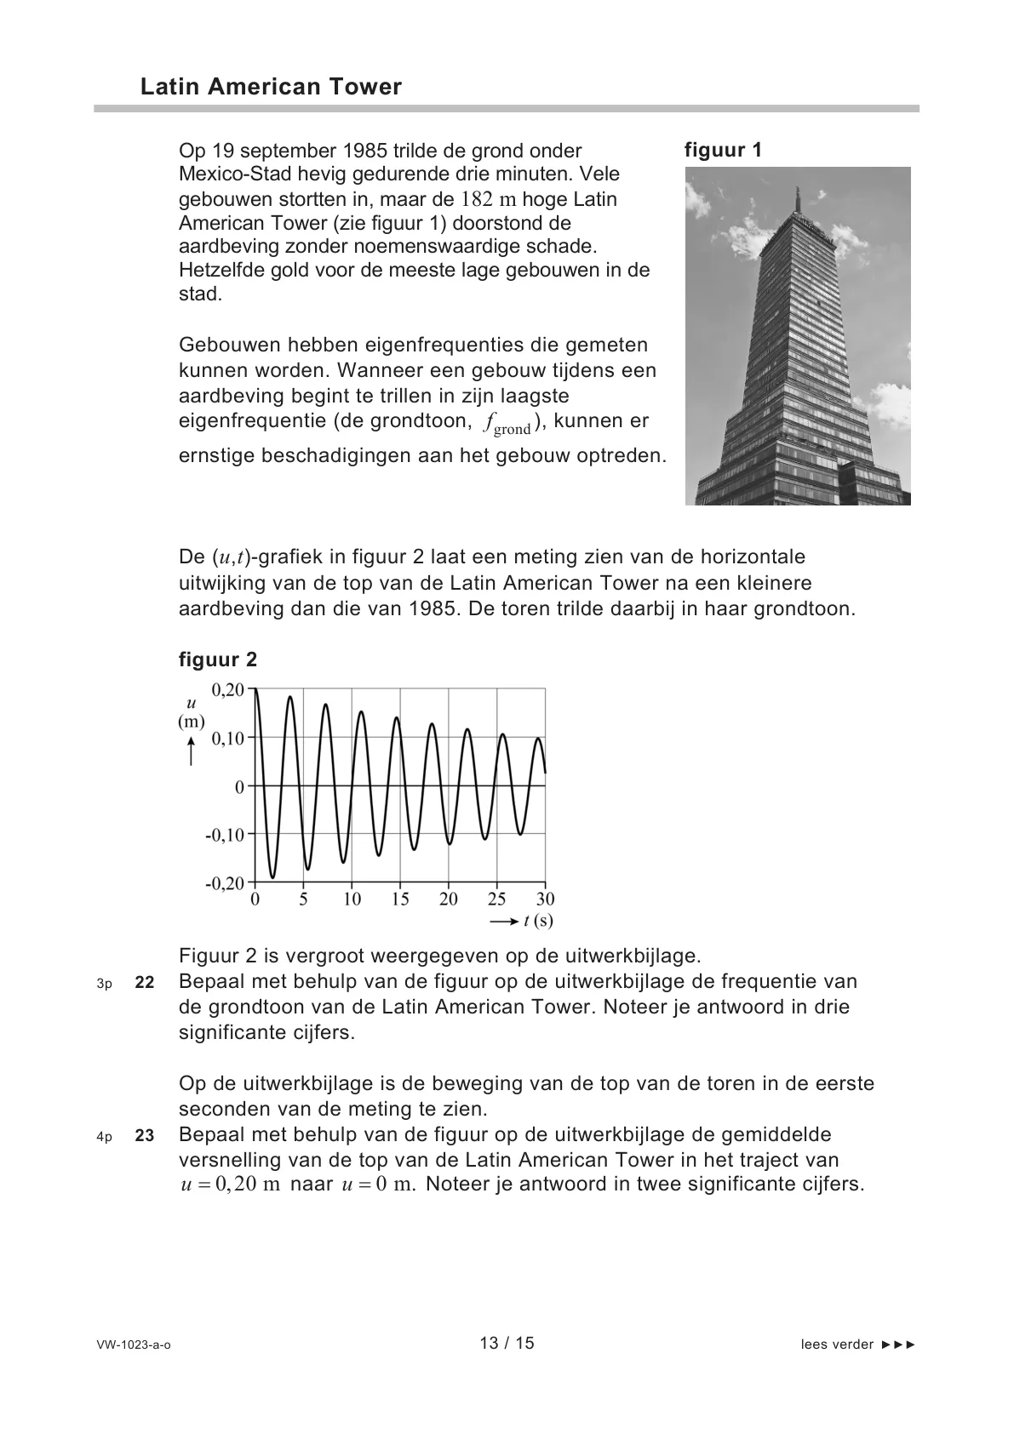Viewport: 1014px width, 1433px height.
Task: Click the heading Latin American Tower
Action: (x=271, y=87)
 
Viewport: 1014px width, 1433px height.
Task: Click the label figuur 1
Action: (x=723, y=151)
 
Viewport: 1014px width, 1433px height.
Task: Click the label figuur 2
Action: (x=217, y=659)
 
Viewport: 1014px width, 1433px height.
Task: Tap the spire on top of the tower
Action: (x=799, y=200)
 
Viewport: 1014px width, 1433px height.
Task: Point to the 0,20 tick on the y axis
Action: (x=227, y=689)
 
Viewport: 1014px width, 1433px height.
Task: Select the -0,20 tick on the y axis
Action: (x=224, y=882)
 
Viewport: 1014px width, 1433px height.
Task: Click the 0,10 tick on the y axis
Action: (x=227, y=738)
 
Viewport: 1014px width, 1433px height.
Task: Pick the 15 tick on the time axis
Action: (x=400, y=899)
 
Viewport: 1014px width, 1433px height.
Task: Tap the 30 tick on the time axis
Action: (x=545, y=899)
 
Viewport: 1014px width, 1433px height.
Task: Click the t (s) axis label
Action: (x=538, y=921)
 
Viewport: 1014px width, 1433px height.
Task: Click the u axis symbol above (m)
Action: (x=192, y=704)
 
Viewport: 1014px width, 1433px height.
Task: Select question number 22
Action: (x=145, y=982)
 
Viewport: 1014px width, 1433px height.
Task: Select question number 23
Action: (x=145, y=1135)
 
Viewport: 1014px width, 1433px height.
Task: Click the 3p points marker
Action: (x=104, y=984)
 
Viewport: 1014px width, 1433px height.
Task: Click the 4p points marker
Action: (x=104, y=1137)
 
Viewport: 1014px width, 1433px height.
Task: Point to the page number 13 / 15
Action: (x=507, y=1343)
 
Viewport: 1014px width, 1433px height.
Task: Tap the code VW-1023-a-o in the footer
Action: (x=134, y=1345)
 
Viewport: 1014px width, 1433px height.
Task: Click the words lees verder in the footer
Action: (x=837, y=1345)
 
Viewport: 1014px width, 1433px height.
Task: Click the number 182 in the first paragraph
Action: (x=477, y=200)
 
